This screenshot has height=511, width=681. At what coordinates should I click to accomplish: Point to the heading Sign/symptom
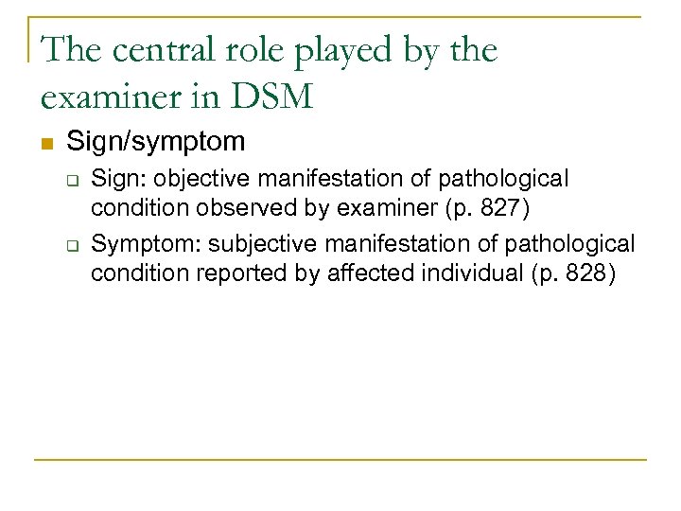coord(156,142)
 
